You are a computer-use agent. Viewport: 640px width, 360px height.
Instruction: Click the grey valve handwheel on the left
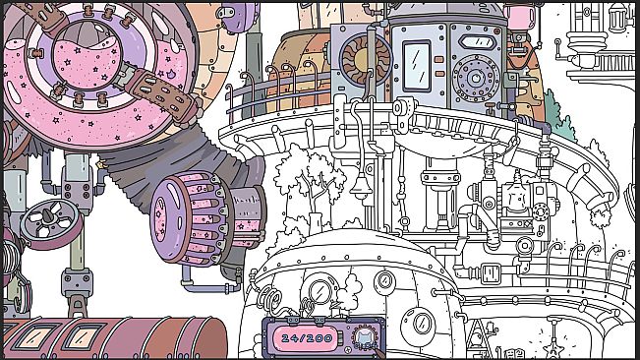(x=48, y=218)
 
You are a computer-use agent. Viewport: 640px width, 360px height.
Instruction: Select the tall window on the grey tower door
(x=416, y=64)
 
